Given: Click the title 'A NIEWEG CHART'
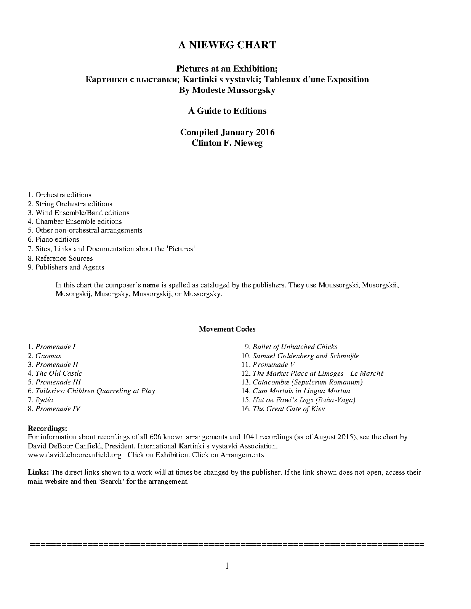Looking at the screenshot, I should (x=227, y=45).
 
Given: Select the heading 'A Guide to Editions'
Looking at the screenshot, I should (x=227, y=111).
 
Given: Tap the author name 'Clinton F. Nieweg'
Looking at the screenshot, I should (x=227, y=143).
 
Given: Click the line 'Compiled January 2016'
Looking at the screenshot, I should (x=227, y=132).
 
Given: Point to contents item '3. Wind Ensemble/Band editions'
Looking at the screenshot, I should (x=78, y=213).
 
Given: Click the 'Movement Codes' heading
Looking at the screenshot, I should (x=227, y=329).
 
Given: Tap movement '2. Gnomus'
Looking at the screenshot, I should (x=45, y=356).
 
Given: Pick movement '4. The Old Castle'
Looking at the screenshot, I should (x=55, y=373).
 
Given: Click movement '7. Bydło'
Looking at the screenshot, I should (x=41, y=400).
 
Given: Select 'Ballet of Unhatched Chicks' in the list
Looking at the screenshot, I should (x=295, y=347).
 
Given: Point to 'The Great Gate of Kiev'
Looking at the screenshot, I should (x=288, y=409).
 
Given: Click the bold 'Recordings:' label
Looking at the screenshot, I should (x=48, y=429).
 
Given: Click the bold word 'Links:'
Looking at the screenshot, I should (x=38, y=472).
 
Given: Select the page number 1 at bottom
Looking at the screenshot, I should (x=227, y=566).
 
